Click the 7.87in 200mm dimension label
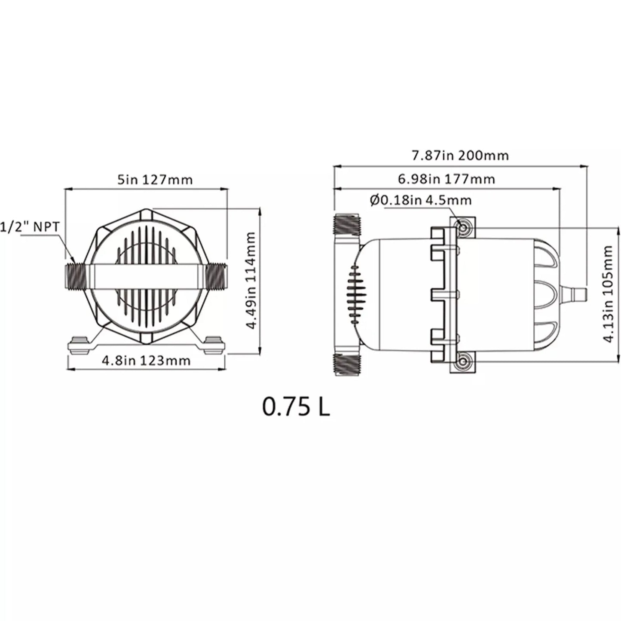pyautogui.click(x=460, y=155)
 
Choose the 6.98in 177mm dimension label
pyautogui.click(x=446, y=179)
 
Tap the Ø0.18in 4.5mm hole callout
pyautogui.click(x=420, y=200)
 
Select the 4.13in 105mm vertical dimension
pyautogui.click(x=607, y=294)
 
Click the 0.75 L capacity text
pyautogui.click(x=296, y=407)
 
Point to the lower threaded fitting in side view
pyautogui.click(x=347, y=364)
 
